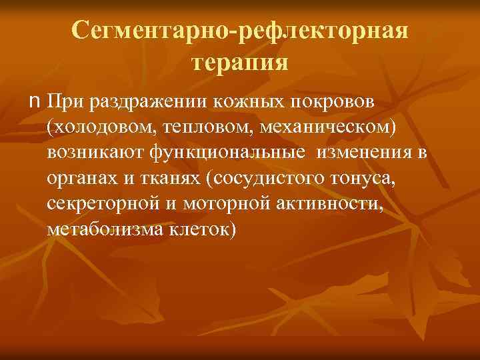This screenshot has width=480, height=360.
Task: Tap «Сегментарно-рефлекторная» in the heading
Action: [x=240, y=31]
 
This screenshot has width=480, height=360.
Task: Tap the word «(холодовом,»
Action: [x=100, y=129]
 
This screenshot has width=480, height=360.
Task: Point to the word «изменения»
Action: [x=364, y=154]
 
